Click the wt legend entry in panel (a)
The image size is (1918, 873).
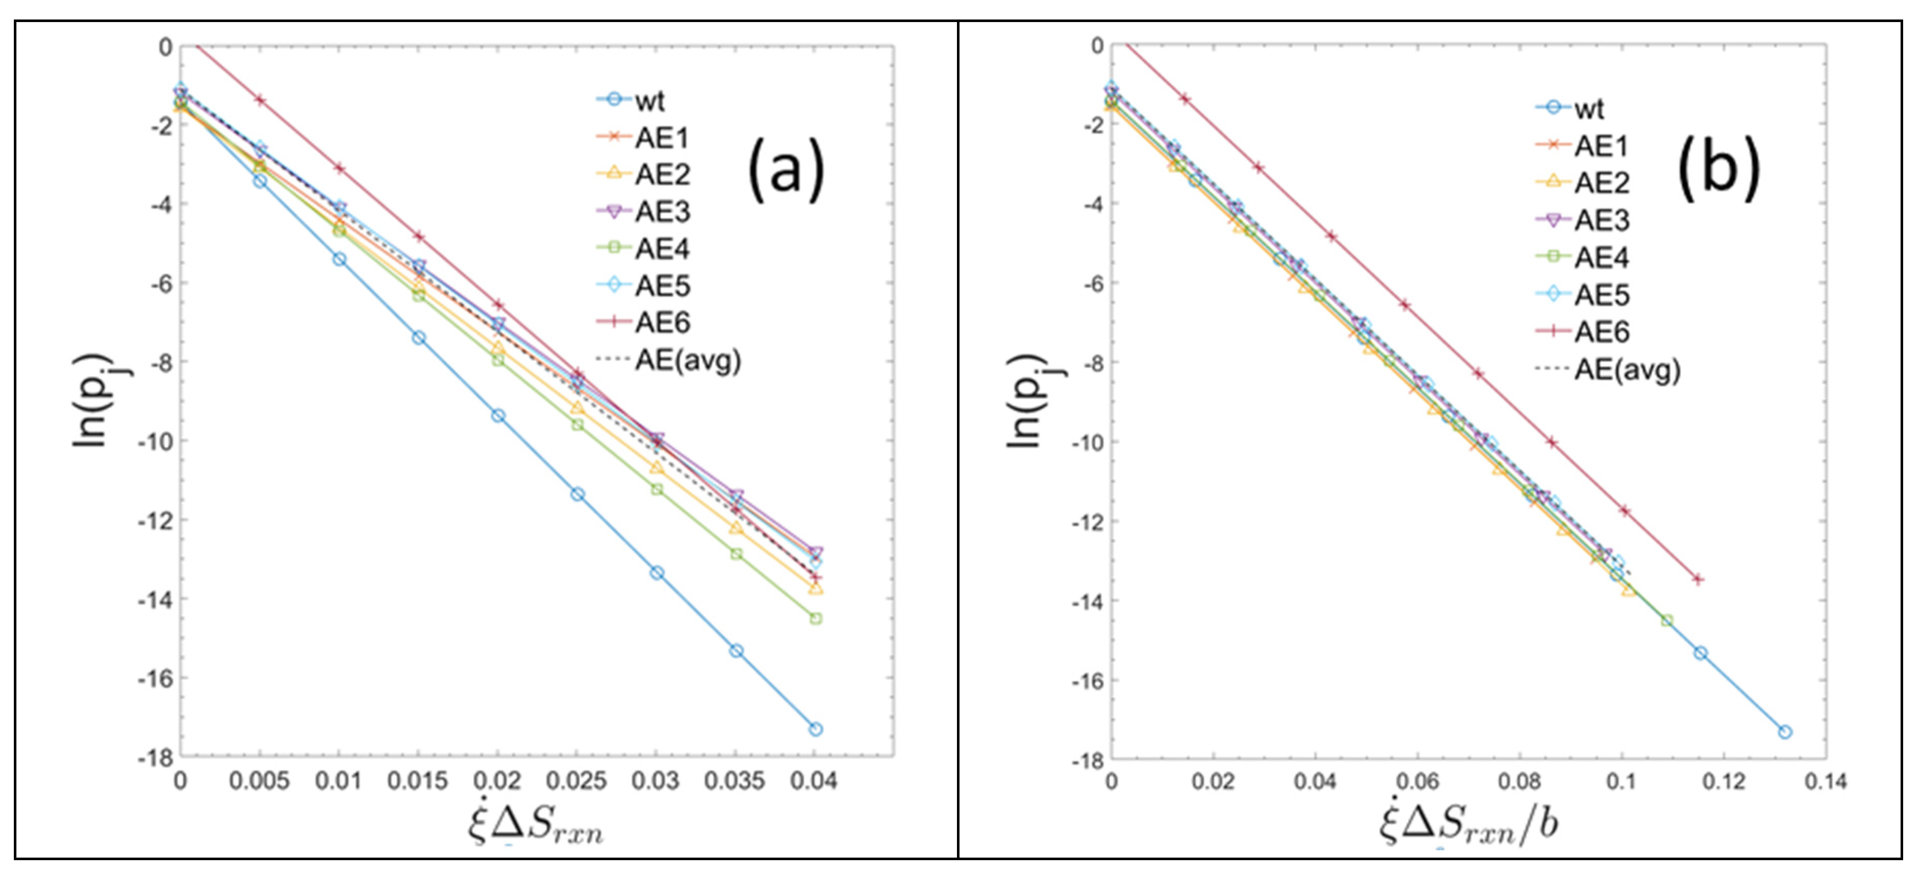(648, 101)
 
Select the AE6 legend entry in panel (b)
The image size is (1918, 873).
(1601, 331)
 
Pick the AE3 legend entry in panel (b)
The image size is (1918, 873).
(1601, 221)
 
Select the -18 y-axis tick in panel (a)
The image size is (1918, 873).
(156, 758)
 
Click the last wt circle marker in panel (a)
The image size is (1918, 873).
(815, 729)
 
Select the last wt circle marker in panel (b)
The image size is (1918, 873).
(1785, 732)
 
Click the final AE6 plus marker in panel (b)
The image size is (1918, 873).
(1698, 579)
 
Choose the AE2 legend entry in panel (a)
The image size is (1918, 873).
(661, 174)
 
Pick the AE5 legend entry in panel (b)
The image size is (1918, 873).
(1601, 295)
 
